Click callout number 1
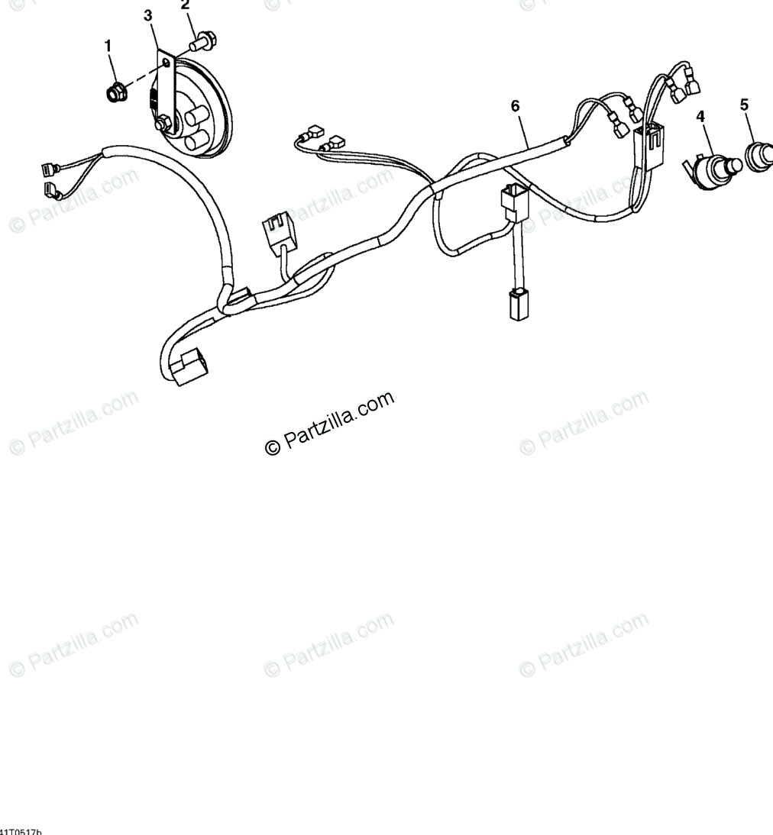(108, 47)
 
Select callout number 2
(185, 5)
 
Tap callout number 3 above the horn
(148, 15)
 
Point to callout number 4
(700, 117)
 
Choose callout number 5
(744, 105)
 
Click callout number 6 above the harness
(515, 106)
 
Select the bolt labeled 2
(203, 37)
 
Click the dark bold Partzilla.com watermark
(330, 424)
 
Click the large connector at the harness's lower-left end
(186, 367)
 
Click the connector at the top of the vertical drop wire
(513, 201)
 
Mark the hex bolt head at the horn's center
(163, 122)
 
